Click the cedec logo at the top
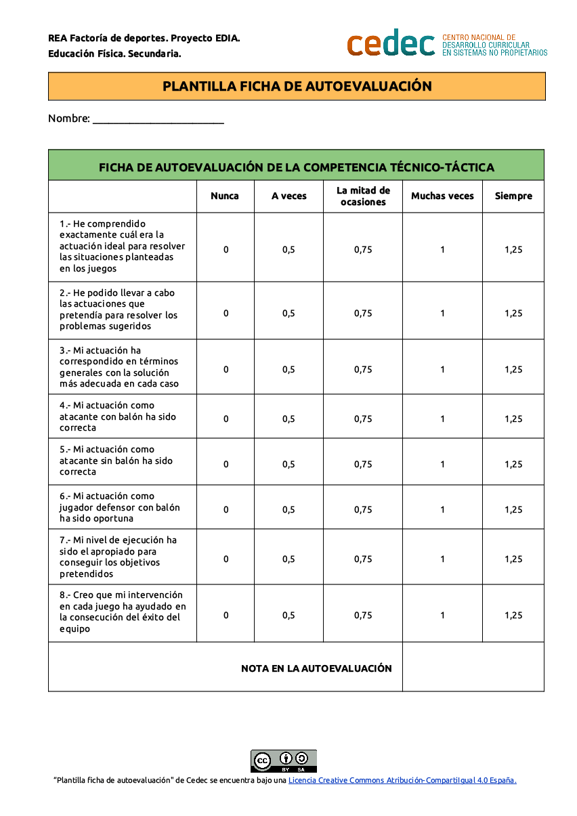[391, 44]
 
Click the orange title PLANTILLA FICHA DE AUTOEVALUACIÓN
[297, 87]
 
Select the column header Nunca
[225, 196]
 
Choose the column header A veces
[289, 196]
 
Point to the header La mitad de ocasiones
[363, 196]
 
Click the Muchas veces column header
[442, 196]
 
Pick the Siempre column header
[513, 196]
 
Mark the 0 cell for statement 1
[226, 250]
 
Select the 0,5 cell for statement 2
[289, 314]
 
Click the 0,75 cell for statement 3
[363, 370]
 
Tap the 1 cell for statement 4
[443, 419]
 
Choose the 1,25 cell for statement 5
[513, 465]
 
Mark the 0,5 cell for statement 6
[289, 510]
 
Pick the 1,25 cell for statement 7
[513, 559]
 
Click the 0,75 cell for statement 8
[363, 616]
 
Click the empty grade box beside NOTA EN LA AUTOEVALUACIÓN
[473, 667]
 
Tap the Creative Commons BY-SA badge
[284, 760]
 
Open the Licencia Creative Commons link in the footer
[402, 780]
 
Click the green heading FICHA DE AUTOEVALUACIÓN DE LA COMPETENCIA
[297, 167]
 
